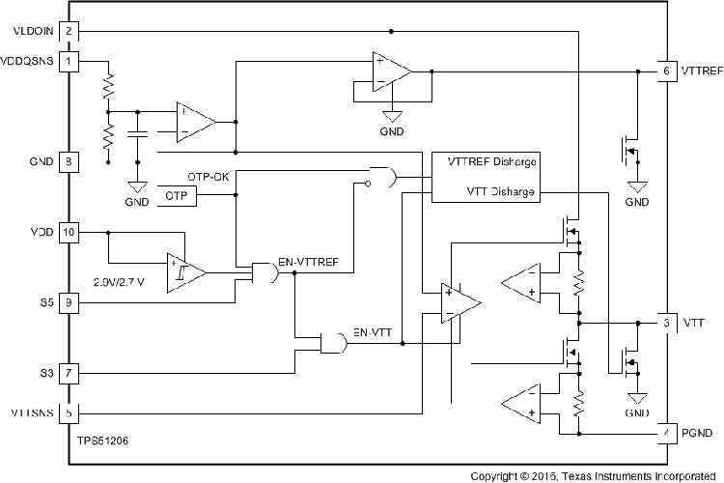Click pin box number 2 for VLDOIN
[69, 31]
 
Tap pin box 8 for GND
[69, 161]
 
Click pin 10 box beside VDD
[69, 232]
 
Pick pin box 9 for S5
[69, 302]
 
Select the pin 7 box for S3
[69, 372]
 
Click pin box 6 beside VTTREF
[666, 71]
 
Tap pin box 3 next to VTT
[666, 322]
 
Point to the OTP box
[176, 196]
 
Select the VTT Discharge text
[500, 191]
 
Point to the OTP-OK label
[208, 178]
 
